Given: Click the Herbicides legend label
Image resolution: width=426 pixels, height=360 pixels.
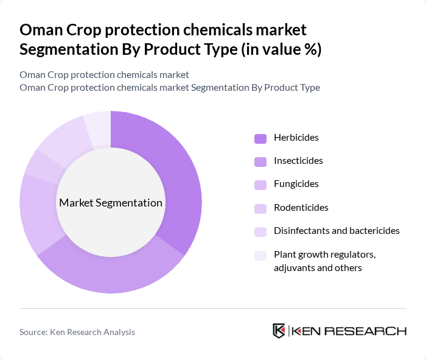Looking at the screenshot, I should click(x=296, y=138).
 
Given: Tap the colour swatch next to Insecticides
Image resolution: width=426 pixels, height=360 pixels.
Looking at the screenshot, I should click(x=260, y=161).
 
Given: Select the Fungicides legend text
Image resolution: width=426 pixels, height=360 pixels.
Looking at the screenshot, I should click(x=296, y=184).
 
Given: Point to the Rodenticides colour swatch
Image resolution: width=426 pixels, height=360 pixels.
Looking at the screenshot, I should click(x=260, y=208).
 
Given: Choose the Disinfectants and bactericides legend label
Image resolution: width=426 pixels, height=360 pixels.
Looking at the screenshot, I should click(x=337, y=231).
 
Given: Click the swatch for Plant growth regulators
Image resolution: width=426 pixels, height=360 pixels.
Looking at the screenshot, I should click(x=260, y=255).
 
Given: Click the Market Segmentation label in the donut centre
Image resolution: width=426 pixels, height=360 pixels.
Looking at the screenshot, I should click(x=110, y=203).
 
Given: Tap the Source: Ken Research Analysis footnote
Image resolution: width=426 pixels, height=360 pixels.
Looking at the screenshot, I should click(x=77, y=332).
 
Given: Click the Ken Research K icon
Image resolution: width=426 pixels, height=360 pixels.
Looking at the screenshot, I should click(x=279, y=331).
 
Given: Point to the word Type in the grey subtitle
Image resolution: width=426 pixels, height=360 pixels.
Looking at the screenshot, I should click(x=308, y=87).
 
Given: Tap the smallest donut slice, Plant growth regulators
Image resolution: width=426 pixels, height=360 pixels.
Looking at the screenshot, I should click(x=97, y=128).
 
